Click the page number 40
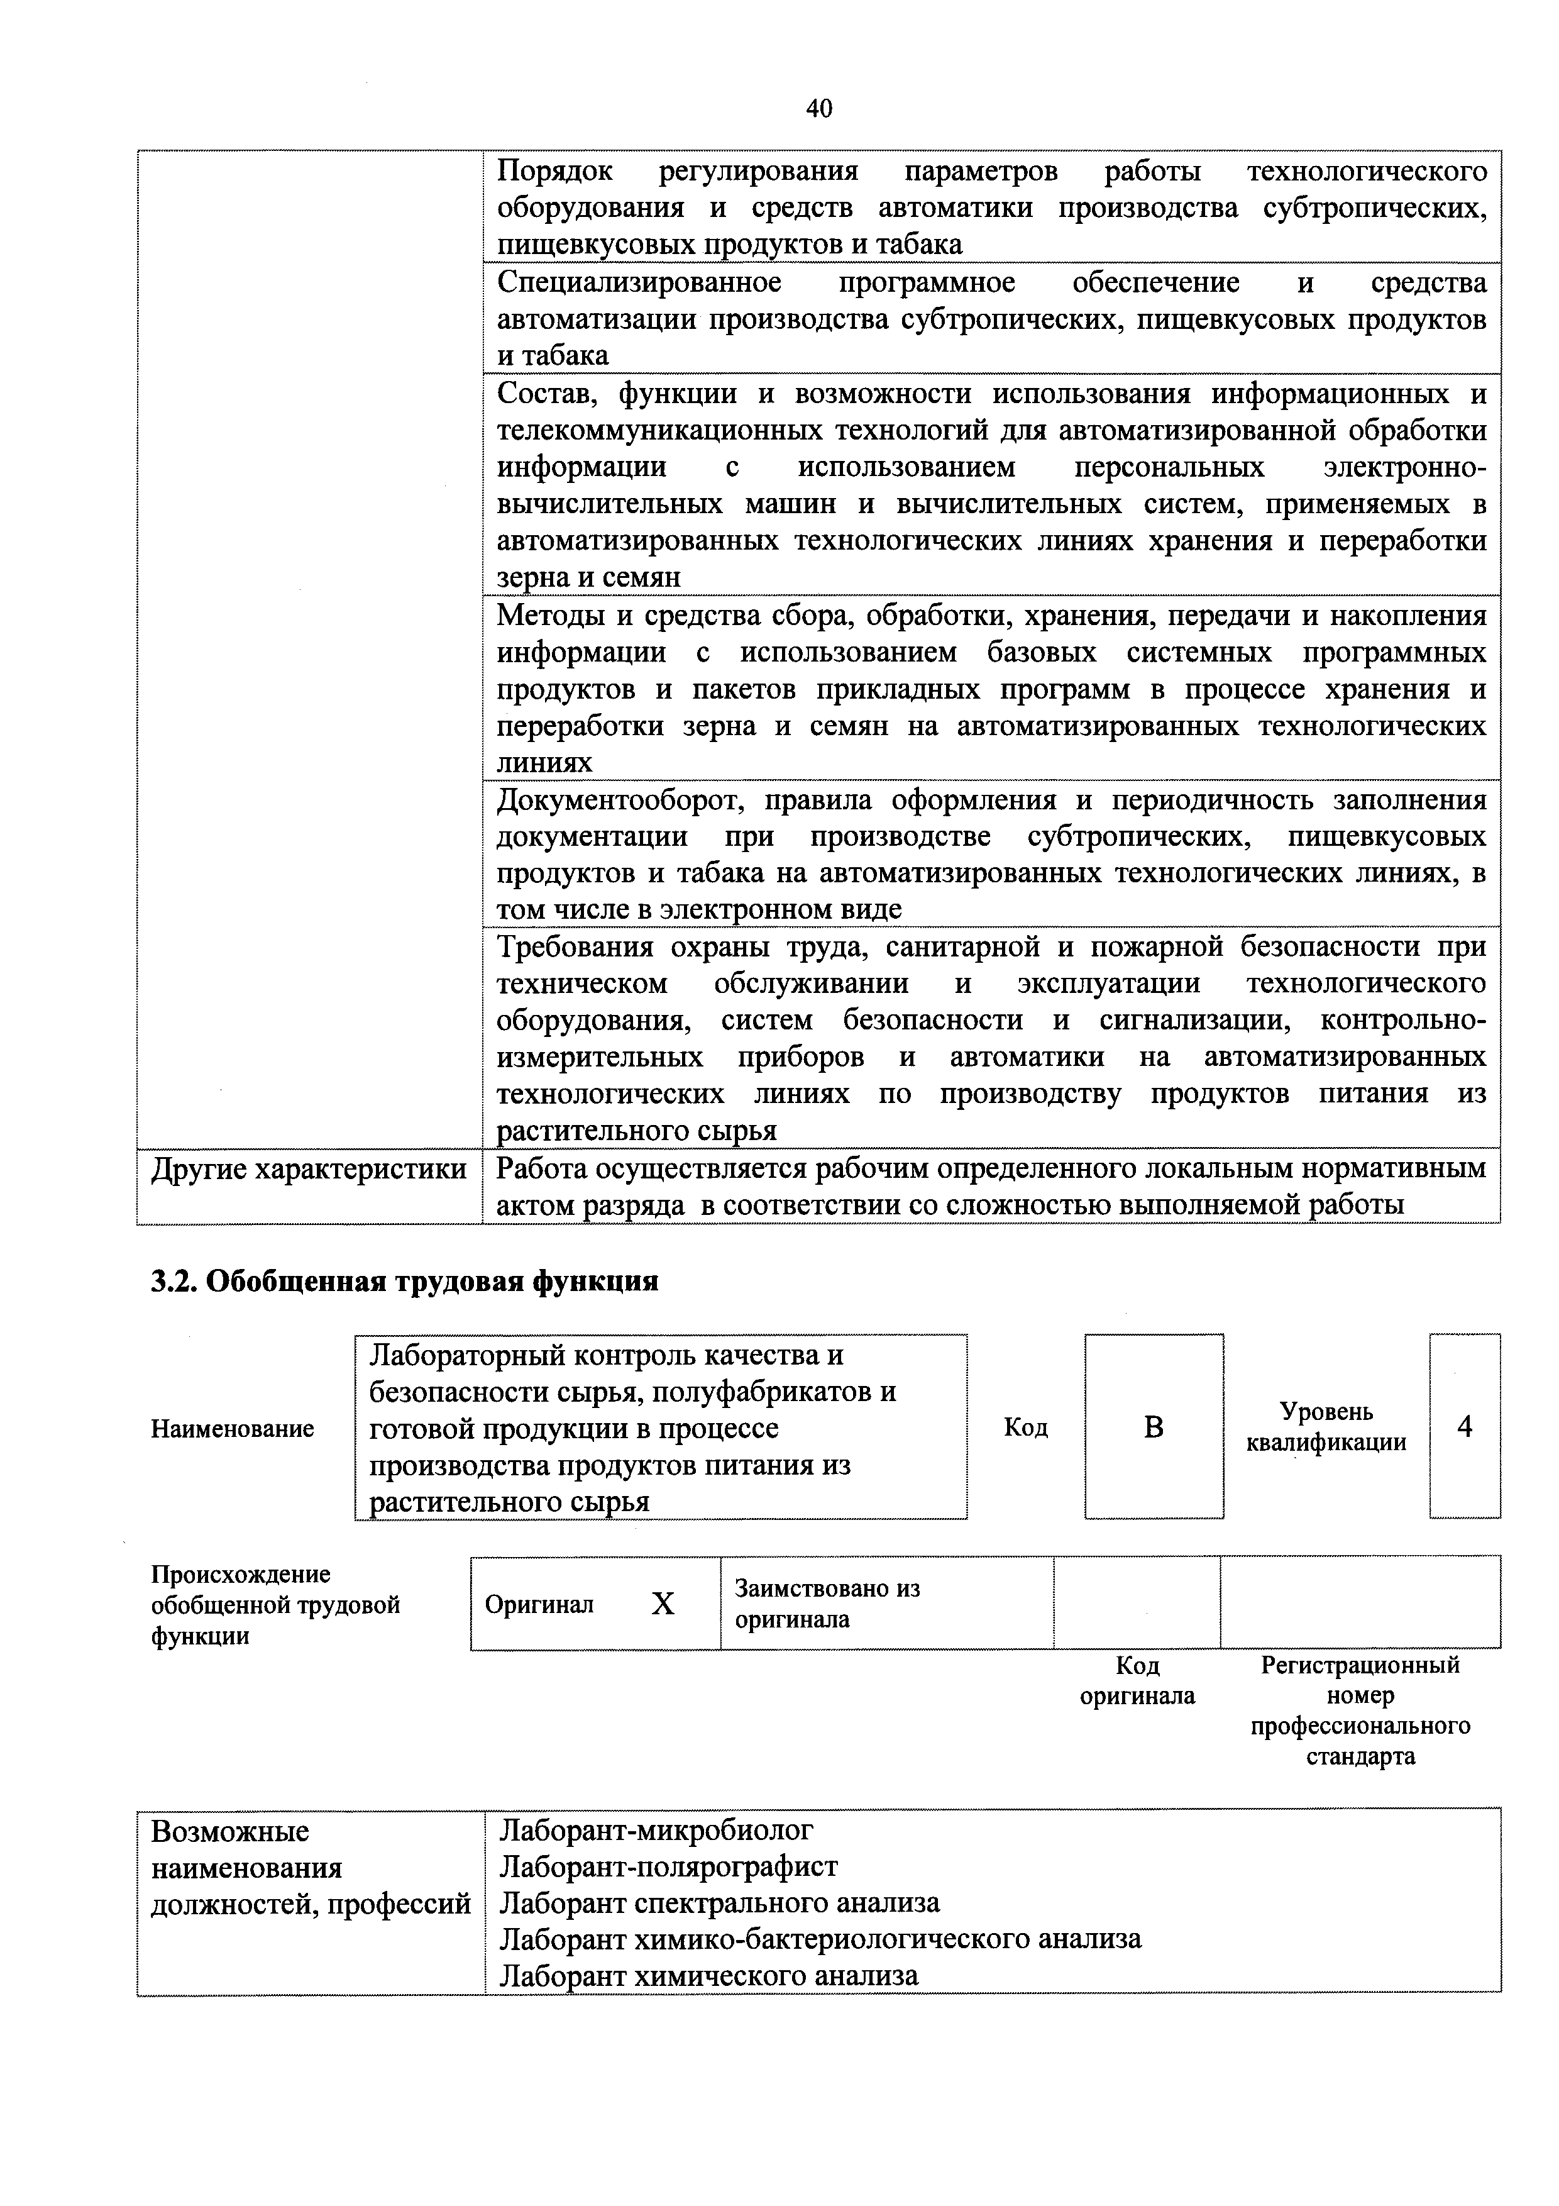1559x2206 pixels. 818,109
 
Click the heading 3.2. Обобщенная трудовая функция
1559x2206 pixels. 404,1281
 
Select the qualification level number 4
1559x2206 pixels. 1464,1427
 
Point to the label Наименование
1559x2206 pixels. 233,1429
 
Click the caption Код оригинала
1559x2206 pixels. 1137,1680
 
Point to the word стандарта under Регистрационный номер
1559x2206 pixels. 1360,1757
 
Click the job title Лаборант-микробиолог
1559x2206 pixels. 656,1831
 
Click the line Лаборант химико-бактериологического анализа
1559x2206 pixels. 820,1940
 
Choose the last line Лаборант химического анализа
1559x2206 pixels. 709,1976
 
